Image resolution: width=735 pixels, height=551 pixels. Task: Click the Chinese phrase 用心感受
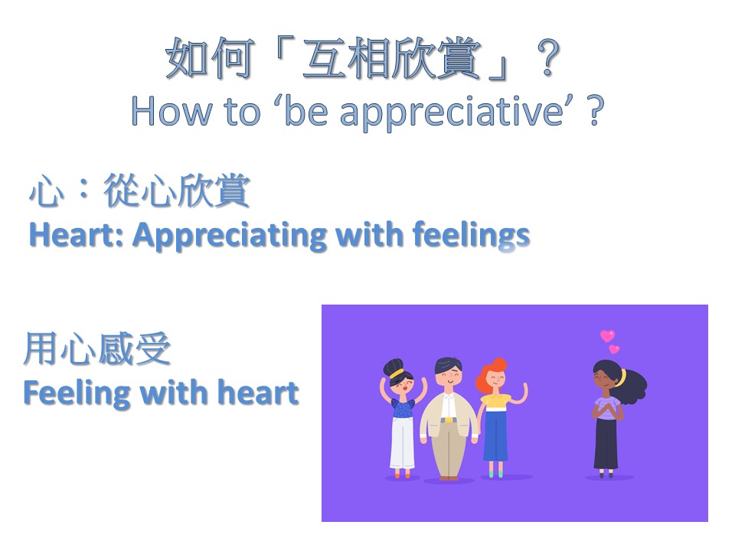point(97,349)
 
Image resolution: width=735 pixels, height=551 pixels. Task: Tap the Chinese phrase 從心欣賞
point(176,191)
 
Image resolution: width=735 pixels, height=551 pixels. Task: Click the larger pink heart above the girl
point(607,335)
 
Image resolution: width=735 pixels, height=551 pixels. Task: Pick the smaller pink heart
point(614,349)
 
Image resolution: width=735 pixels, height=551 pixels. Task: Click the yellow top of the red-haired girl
point(495,402)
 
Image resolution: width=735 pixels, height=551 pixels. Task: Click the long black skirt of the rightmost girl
point(606,443)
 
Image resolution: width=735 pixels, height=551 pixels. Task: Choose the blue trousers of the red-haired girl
point(495,435)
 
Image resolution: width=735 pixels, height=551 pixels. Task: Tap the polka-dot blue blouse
point(403,408)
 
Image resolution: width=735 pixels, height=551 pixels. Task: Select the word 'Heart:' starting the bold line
point(76,234)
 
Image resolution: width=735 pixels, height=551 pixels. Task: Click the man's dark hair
point(448,365)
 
